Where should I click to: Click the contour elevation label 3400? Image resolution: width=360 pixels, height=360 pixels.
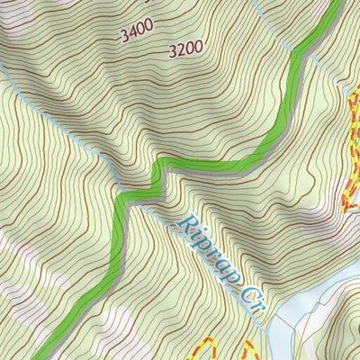136,35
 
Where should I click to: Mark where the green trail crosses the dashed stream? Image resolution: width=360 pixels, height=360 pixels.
297,53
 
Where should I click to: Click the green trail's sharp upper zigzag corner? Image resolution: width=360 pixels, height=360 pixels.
160,163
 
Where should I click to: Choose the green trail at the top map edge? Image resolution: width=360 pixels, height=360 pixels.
337,4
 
